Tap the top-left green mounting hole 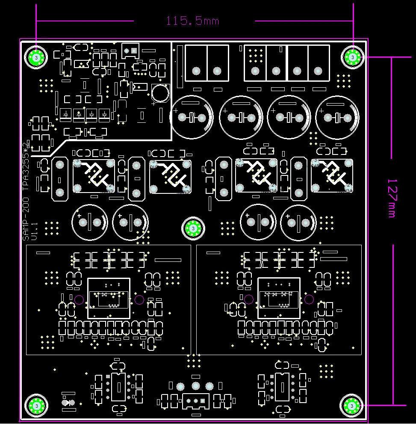[x=36, y=57]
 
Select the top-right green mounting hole [x=352, y=56]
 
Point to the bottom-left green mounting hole [x=36, y=405]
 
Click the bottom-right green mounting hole [x=351, y=405]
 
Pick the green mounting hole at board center [x=193, y=229]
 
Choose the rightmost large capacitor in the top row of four [x=337, y=117]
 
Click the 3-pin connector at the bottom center [x=196, y=401]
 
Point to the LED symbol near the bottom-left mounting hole [x=68, y=403]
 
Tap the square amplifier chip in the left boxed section [x=109, y=298]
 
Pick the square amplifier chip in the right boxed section [x=279, y=298]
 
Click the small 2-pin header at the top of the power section [x=130, y=50]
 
